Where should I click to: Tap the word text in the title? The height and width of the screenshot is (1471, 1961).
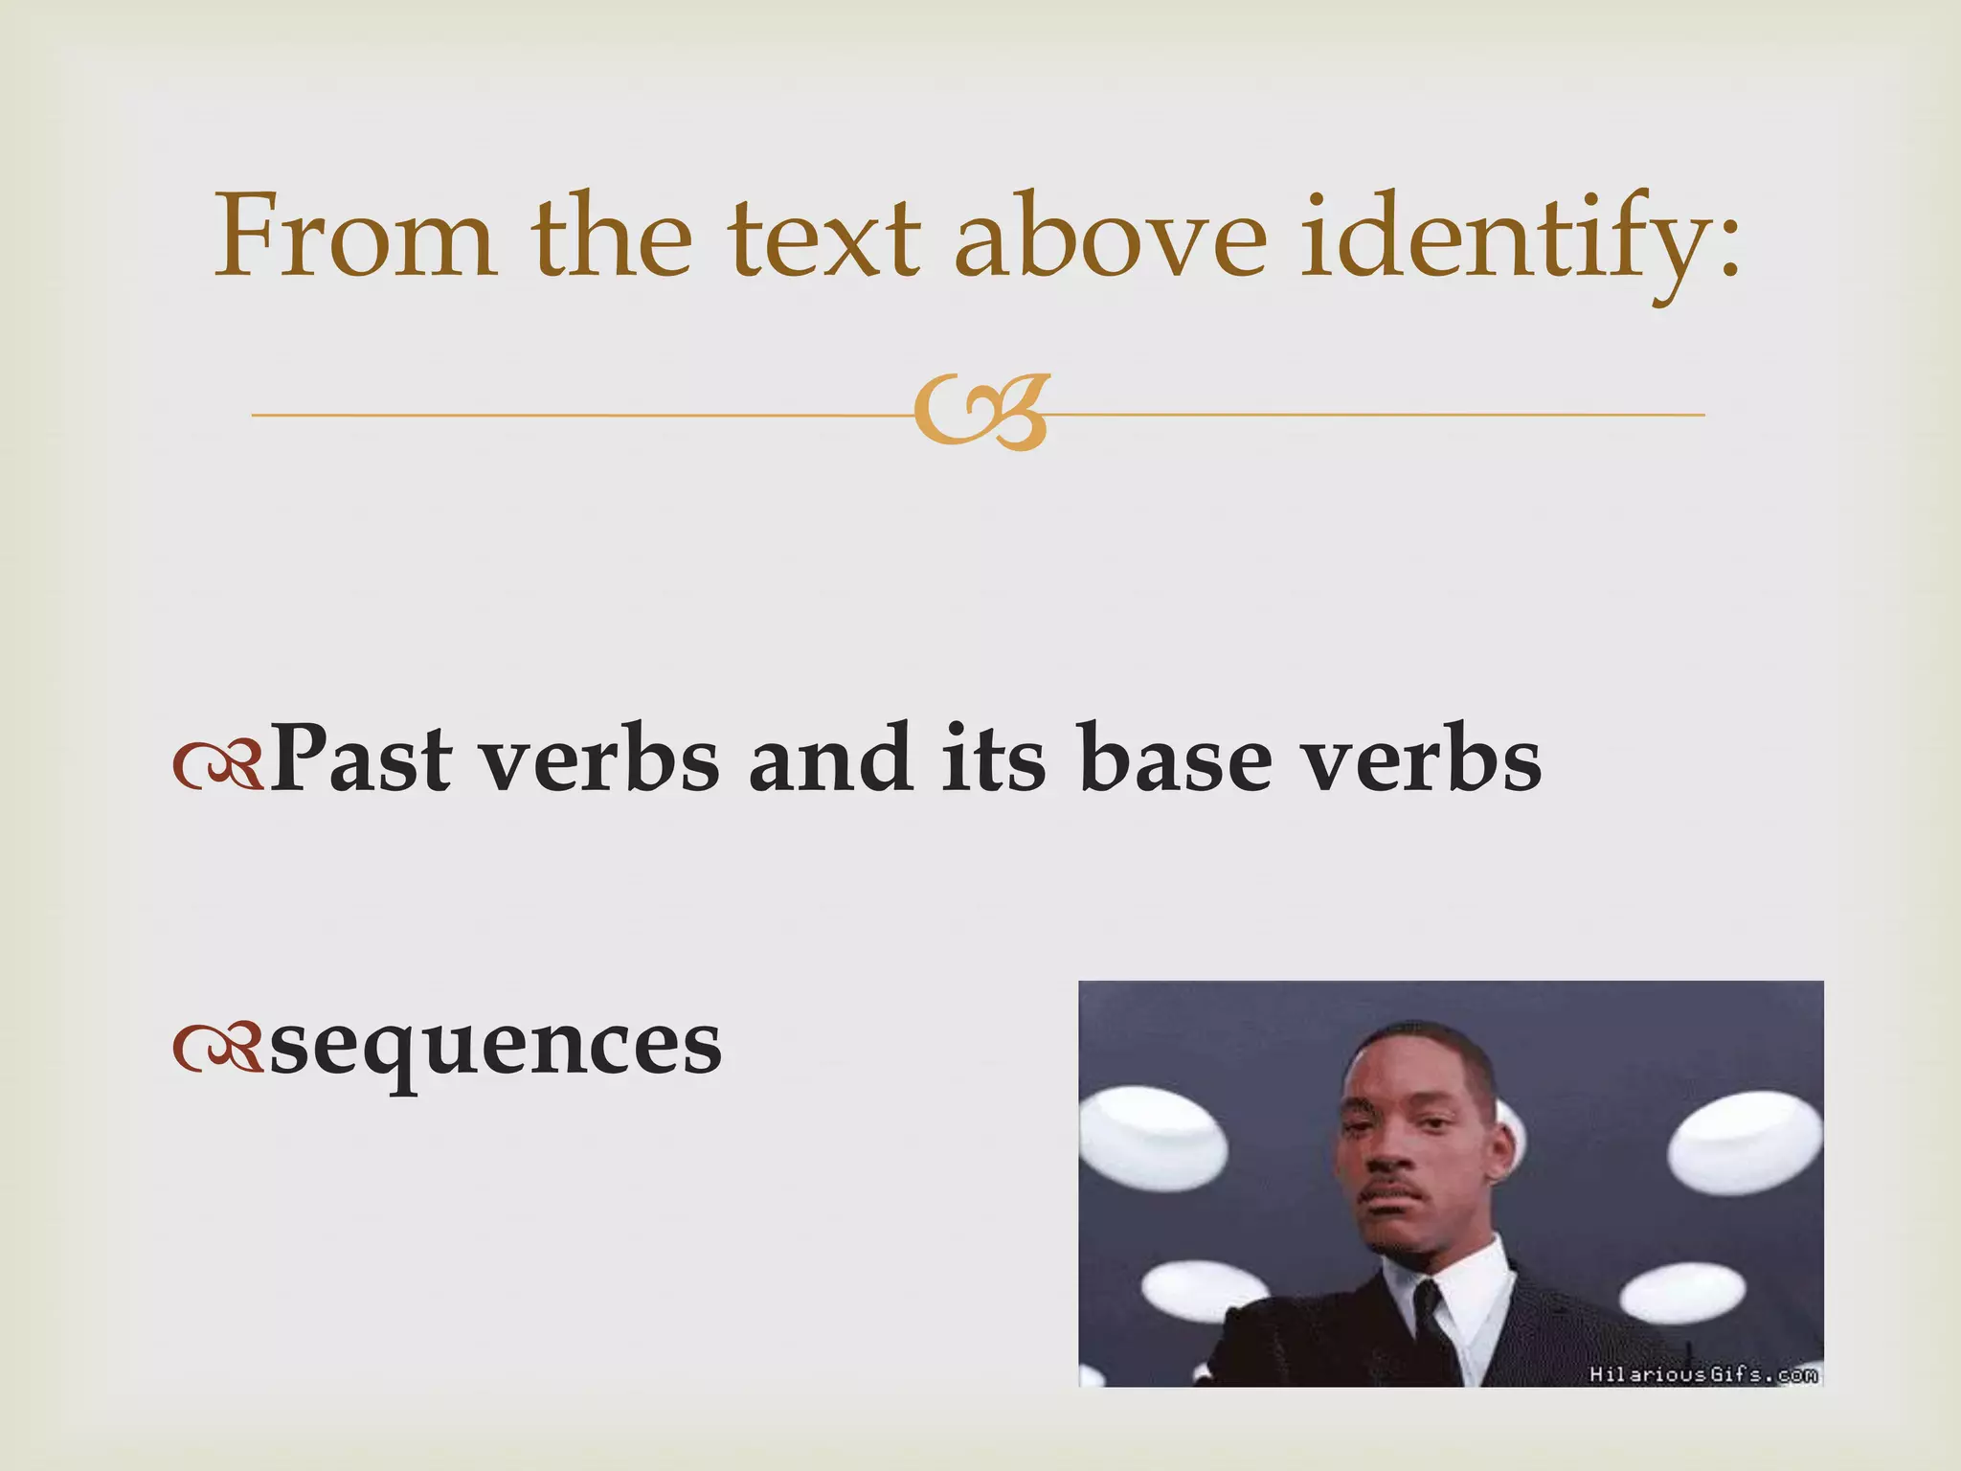point(823,238)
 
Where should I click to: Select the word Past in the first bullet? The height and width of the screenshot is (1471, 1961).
point(360,758)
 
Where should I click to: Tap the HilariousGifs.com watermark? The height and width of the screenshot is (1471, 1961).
point(1702,1374)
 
